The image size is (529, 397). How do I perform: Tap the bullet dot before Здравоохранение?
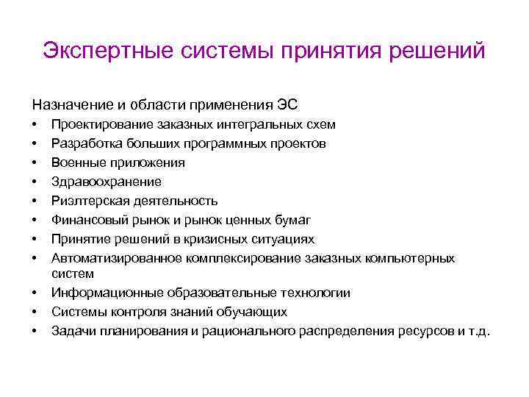click(x=35, y=182)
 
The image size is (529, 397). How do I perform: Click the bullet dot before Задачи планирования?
click(x=35, y=331)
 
